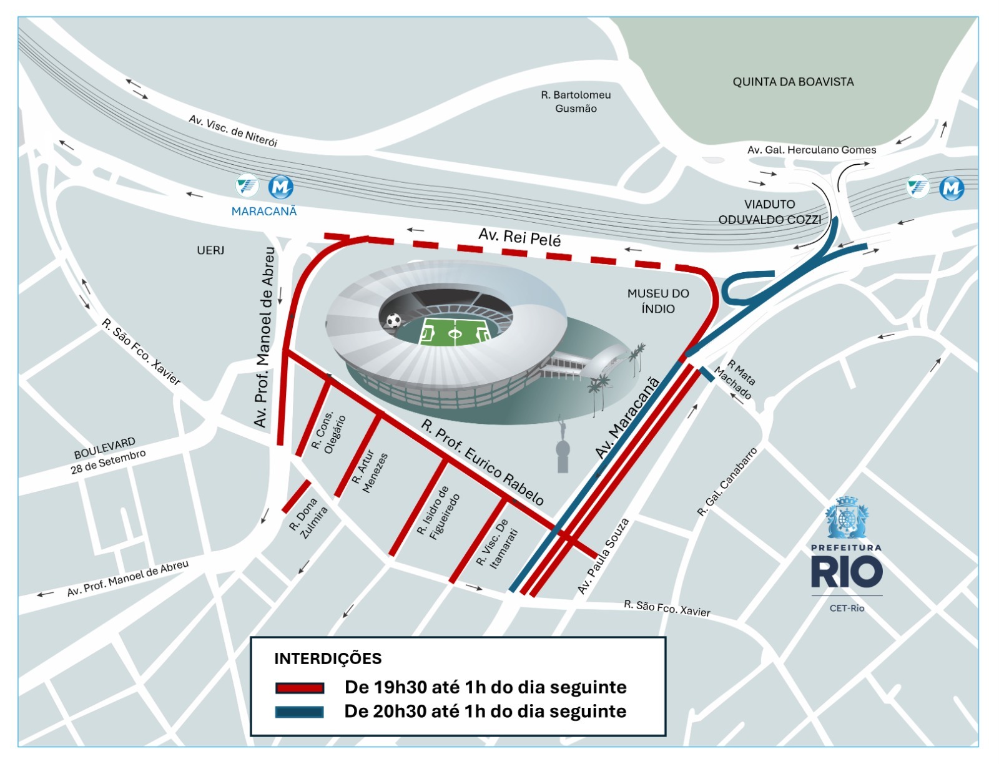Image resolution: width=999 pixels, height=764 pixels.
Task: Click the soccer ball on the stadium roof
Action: coord(393,321)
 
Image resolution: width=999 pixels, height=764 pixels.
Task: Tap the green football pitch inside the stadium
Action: coord(455,332)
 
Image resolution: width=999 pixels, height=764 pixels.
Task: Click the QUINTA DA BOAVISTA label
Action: coord(793,82)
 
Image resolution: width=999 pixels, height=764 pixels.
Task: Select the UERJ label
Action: coord(210,250)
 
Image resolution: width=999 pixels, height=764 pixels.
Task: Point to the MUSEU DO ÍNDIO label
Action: coord(658,301)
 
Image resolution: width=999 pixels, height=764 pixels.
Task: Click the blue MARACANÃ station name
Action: coord(263,212)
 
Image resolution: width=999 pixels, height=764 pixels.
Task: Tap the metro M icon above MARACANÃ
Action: coord(280,187)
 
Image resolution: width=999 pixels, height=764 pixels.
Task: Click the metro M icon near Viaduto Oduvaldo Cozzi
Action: coord(952,188)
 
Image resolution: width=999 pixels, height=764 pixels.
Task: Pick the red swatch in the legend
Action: coord(300,688)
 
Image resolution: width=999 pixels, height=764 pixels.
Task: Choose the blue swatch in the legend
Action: coord(300,712)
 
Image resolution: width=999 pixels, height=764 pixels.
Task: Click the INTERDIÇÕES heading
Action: coord(328,659)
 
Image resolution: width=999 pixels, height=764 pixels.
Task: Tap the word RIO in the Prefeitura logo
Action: coord(846,572)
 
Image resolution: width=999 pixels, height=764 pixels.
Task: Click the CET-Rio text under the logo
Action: coord(847,608)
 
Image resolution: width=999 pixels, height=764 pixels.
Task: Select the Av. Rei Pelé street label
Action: coord(519,237)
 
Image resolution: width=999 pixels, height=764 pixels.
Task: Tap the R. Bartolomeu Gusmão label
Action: coord(576,102)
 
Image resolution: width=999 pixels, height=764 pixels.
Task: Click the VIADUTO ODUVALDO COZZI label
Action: coord(769,212)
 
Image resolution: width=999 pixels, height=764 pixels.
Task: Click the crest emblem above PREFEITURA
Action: coord(846,519)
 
